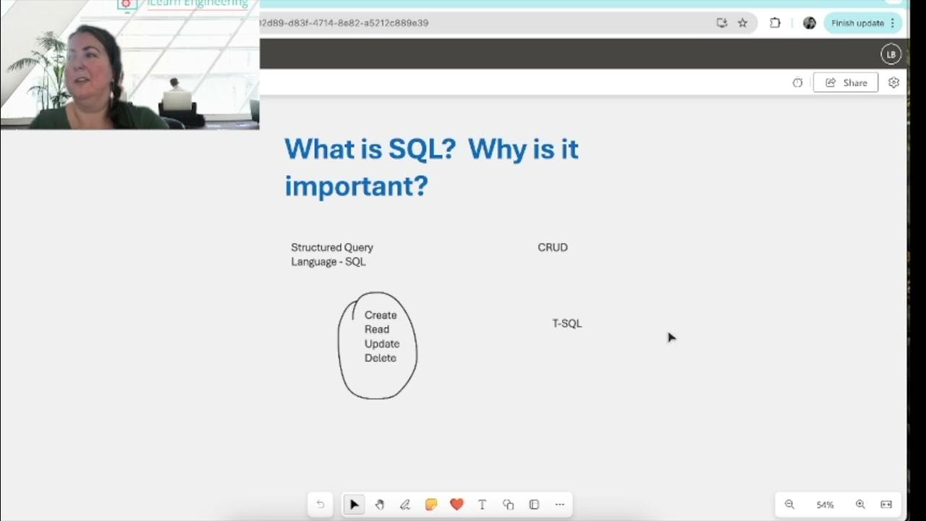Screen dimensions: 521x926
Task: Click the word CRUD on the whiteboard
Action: pos(553,247)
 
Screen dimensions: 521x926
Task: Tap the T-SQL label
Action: pos(567,323)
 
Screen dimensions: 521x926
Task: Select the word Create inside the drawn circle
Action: pos(381,315)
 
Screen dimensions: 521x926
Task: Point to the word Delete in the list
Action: pos(381,358)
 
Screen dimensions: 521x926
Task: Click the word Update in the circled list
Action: pos(382,344)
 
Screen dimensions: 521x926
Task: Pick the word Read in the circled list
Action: pos(377,329)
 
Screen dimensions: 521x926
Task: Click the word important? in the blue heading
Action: pos(356,186)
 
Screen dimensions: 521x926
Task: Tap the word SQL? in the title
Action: pos(422,149)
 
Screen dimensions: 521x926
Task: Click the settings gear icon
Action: pos(893,82)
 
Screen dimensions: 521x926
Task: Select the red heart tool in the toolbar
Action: pos(456,504)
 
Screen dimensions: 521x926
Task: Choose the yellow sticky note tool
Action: pos(431,504)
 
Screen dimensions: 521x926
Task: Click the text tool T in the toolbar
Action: pos(483,504)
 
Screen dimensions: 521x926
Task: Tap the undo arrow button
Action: pos(320,504)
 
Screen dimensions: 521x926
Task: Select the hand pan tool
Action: pos(380,504)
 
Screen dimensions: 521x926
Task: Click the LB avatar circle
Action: pos(891,54)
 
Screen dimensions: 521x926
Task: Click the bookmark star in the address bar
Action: pos(742,23)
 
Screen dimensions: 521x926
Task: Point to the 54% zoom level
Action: pos(825,504)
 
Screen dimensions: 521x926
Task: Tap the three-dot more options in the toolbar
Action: pos(559,504)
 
